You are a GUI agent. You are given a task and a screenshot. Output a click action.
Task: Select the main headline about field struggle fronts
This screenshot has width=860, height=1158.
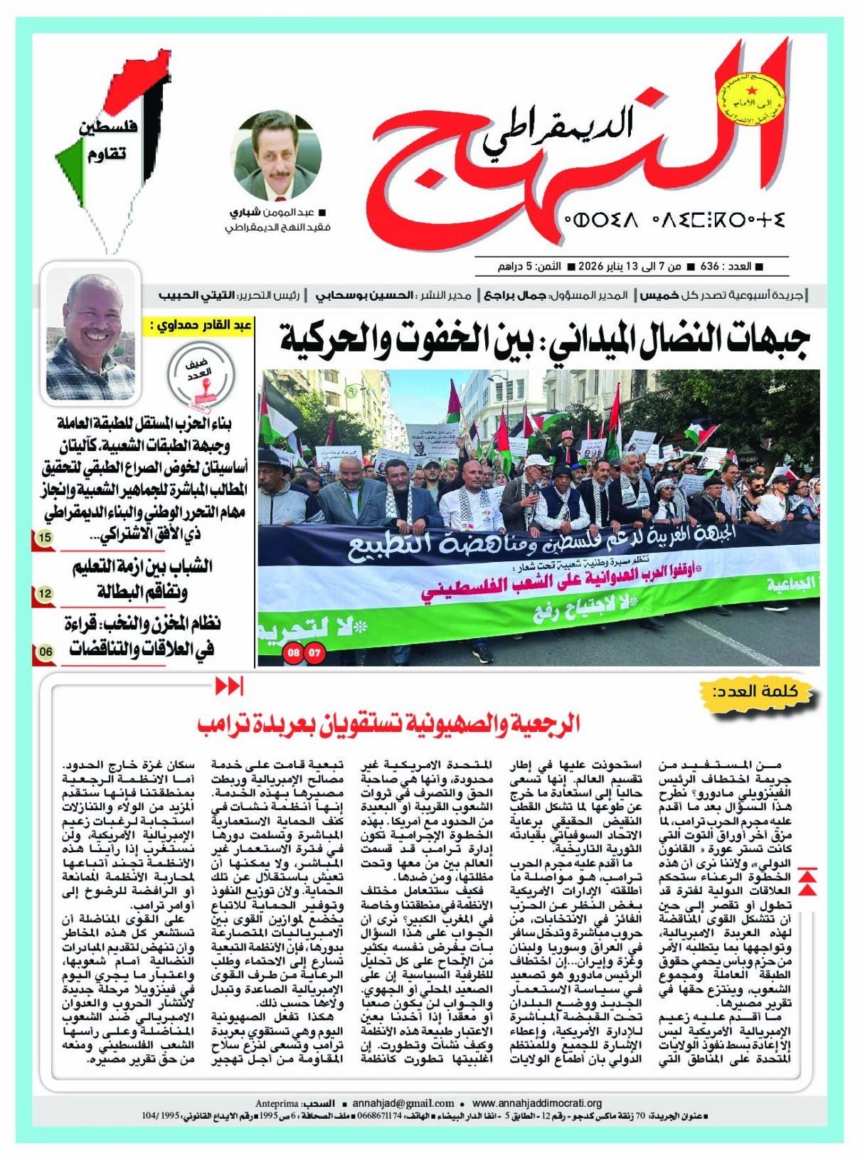543,341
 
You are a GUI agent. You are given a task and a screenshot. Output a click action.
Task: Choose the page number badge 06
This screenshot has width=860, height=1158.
45,651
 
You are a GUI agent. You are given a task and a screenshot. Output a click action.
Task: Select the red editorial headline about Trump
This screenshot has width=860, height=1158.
388,724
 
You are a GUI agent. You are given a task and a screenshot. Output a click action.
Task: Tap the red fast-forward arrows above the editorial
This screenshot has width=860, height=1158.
229,686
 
